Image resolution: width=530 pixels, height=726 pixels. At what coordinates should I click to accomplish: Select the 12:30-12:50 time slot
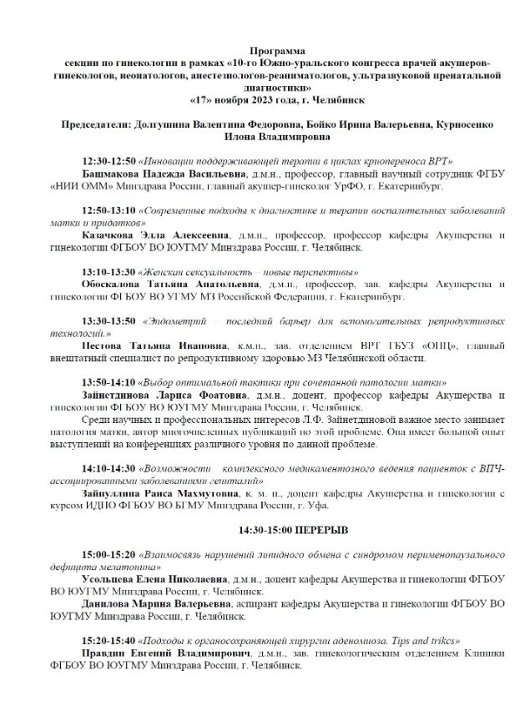[109, 159]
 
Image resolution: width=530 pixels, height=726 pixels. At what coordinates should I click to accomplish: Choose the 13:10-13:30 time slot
[109, 272]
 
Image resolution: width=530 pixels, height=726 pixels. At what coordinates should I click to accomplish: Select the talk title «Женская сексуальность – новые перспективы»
[248, 272]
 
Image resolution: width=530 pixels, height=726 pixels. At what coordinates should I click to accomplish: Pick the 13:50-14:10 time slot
[109, 380]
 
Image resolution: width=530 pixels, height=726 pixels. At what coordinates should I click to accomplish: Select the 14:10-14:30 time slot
[109, 471]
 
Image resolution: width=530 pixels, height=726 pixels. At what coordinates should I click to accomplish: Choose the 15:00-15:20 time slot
[109, 553]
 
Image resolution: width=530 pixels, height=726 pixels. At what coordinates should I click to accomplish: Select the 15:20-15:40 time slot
[109, 639]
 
